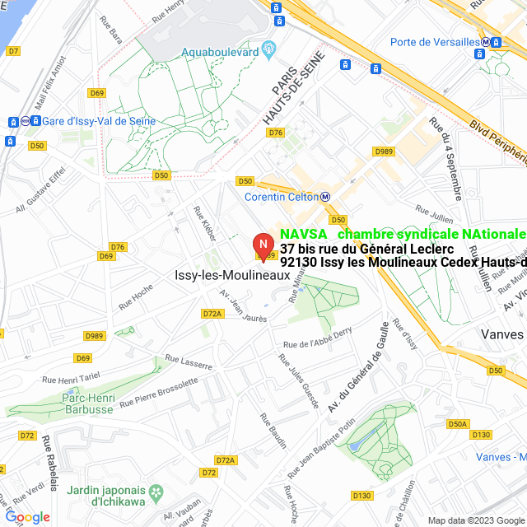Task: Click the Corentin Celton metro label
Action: click(x=282, y=197)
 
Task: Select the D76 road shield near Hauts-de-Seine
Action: click(x=276, y=133)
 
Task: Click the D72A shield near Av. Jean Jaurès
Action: click(x=212, y=314)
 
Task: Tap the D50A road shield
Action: click(x=458, y=424)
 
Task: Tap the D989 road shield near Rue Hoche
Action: click(x=95, y=336)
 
